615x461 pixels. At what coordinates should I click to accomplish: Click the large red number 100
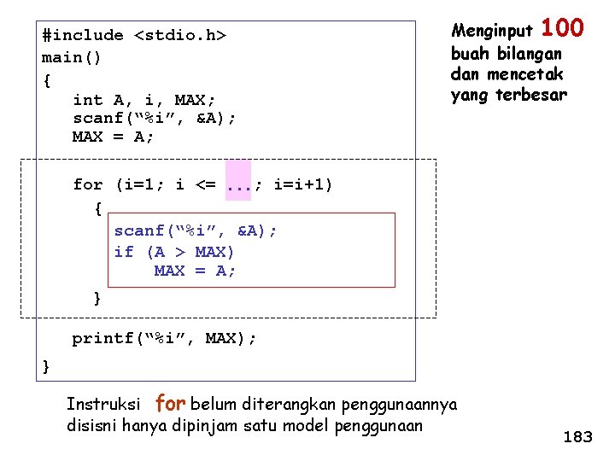tap(562, 28)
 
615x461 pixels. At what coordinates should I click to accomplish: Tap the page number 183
tap(577, 437)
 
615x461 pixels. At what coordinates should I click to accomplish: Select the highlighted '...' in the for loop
tap(238, 184)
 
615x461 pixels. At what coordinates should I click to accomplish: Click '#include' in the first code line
tap(82, 35)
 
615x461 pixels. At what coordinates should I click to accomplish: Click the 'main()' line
tap(72, 58)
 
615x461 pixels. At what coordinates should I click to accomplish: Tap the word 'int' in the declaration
tap(88, 101)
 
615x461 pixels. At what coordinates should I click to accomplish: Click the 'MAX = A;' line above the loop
tap(113, 137)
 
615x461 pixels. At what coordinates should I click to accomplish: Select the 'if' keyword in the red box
tap(124, 251)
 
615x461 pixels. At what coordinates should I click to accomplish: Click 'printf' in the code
tap(102, 338)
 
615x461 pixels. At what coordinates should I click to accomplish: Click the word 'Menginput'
tap(491, 32)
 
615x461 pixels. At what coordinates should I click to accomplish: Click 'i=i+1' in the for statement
tap(303, 184)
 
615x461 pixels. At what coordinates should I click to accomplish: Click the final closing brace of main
tap(46, 366)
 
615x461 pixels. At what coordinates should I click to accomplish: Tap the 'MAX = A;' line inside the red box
tap(195, 271)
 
